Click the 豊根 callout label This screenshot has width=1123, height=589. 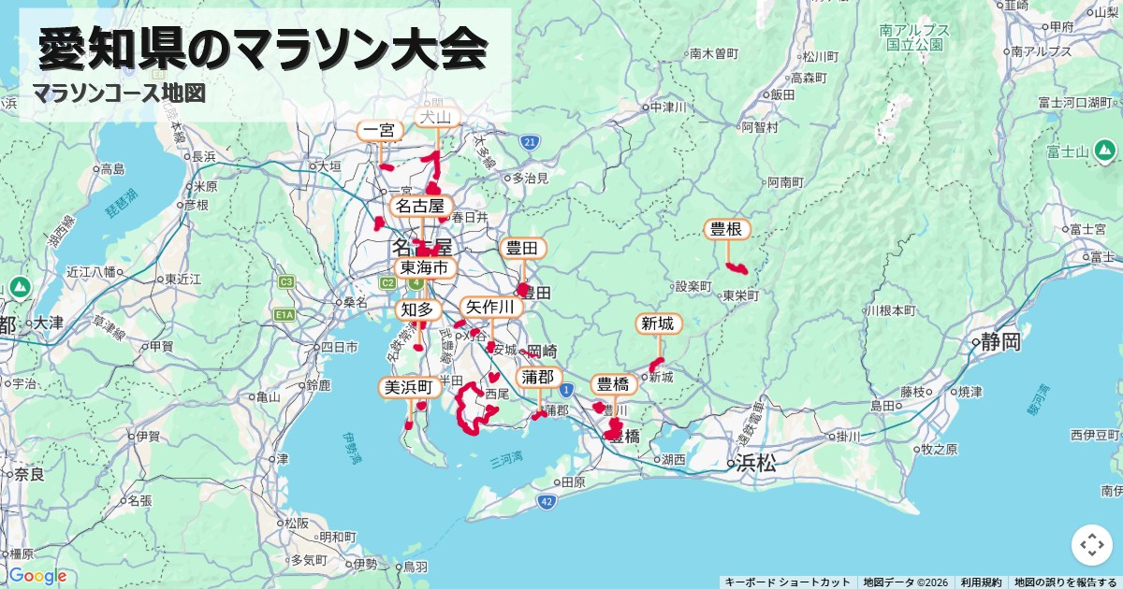727,229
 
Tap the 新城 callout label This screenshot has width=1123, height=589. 658,324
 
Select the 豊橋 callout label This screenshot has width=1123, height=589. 613,384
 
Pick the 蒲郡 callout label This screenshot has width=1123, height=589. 538,377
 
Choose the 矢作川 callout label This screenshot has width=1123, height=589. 490,308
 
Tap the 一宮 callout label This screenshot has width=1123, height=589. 380,131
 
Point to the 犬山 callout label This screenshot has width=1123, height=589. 435,117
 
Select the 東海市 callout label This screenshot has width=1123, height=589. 425,268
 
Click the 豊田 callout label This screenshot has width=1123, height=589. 522,248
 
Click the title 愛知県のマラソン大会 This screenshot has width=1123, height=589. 263,49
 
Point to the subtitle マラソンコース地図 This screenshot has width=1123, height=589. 118,93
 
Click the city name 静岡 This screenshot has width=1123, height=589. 999,342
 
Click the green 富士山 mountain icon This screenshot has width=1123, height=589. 1105,150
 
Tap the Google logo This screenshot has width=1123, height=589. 37,575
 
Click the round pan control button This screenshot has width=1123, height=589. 1091,545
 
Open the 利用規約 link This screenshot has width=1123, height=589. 981,582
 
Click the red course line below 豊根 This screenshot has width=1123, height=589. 737,268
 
